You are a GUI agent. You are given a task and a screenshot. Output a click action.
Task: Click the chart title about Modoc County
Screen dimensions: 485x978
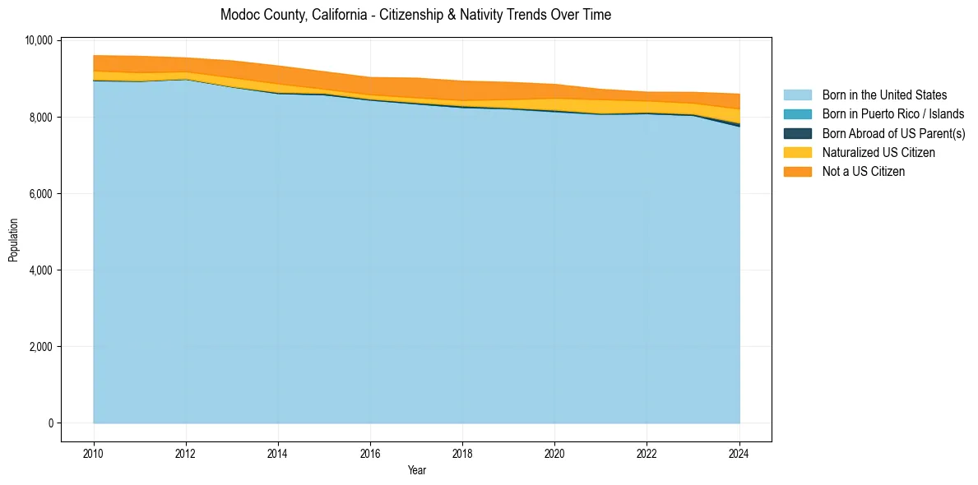pyautogui.click(x=415, y=15)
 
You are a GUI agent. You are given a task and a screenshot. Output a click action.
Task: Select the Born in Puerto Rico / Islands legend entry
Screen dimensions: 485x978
pyautogui.click(x=893, y=114)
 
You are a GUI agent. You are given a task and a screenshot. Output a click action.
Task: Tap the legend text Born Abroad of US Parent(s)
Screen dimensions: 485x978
pyautogui.click(x=893, y=133)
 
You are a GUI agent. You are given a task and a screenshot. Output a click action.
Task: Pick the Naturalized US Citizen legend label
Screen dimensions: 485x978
pyautogui.click(x=878, y=152)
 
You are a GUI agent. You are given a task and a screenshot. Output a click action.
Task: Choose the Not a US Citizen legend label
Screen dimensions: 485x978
pyautogui.click(x=864, y=171)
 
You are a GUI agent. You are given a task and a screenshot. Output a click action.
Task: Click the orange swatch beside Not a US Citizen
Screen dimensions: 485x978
pyautogui.click(x=797, y=171)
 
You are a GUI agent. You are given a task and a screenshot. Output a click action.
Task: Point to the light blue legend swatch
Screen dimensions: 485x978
pyautogui.click(x=797, y=95)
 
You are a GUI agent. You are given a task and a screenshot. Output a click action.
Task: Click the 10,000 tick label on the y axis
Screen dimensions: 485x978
pyautogui.click(x=39, y=40)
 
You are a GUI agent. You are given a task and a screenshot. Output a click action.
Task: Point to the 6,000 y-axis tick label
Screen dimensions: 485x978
pyautogui.click(x=41, y=194)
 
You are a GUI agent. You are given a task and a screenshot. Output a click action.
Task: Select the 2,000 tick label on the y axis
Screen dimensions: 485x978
pyautogui.click(x=41, y=347)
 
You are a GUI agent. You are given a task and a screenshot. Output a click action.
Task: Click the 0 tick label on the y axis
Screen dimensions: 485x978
pyautogui.click(x=50, y=423)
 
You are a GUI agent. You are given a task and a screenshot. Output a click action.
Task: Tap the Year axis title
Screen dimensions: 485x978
pyautogui.click(x=416, y=470)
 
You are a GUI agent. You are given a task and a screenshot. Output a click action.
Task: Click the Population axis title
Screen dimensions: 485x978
pyautogui.click(x=13, y=240)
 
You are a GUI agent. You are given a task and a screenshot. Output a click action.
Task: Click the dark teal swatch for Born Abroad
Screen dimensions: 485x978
pyautogui.click(x=797, y=133)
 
